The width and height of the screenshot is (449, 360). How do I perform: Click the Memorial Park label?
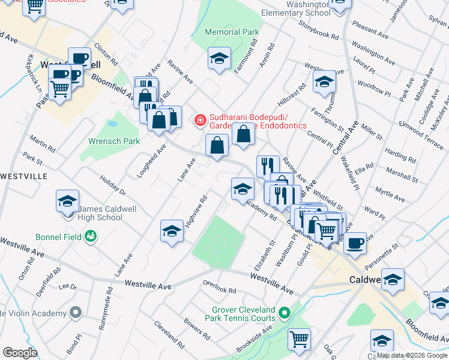[232, 32]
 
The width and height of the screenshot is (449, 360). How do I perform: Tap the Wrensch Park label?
[114, 141]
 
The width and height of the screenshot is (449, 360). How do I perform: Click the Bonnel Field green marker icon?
[91, 236]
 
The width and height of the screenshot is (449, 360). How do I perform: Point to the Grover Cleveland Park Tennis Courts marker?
[286, 313]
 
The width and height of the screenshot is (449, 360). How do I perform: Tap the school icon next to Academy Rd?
[242, 189]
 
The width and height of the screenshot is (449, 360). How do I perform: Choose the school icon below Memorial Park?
[220, 59]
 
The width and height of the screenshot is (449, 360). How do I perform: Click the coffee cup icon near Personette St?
[355, 244]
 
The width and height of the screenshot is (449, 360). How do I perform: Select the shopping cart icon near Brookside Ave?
[299, 339]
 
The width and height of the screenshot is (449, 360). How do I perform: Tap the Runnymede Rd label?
[109, 306]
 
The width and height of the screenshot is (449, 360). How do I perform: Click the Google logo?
[20, 353]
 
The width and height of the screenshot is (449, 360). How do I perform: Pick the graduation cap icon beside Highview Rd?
[172, 232]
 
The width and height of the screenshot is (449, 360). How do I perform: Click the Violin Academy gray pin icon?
[75, 313]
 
